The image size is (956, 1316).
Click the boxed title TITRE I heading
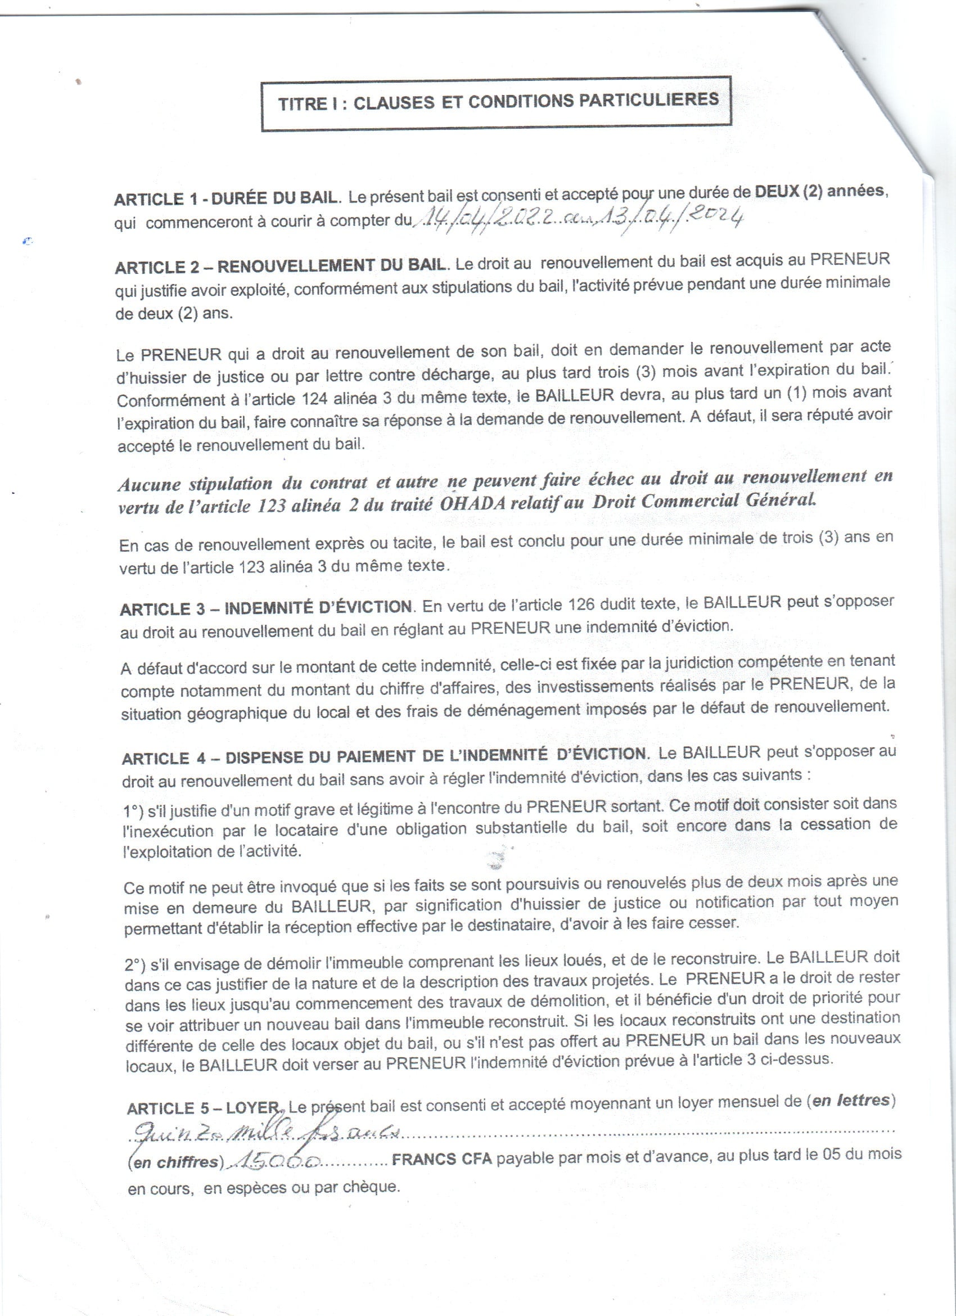pyautogui.click(x=497, y=103)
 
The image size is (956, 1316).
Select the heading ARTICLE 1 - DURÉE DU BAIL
pyautogui.click(x=226, y=199)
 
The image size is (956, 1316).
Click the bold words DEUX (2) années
pyautogui.click(x=820, y=191)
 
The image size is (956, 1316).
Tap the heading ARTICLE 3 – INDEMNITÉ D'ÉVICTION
pyautogui.click(x=266, y=608)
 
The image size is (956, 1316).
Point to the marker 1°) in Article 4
pyautogui.click(x=134, y=810)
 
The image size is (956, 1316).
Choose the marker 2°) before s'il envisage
pyautogui.click(x=135, y=965)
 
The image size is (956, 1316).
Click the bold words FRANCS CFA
pyautogui.click(x=441, y=1159)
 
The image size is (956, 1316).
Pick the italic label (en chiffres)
pyautogui.click(x=175, y=1162)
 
